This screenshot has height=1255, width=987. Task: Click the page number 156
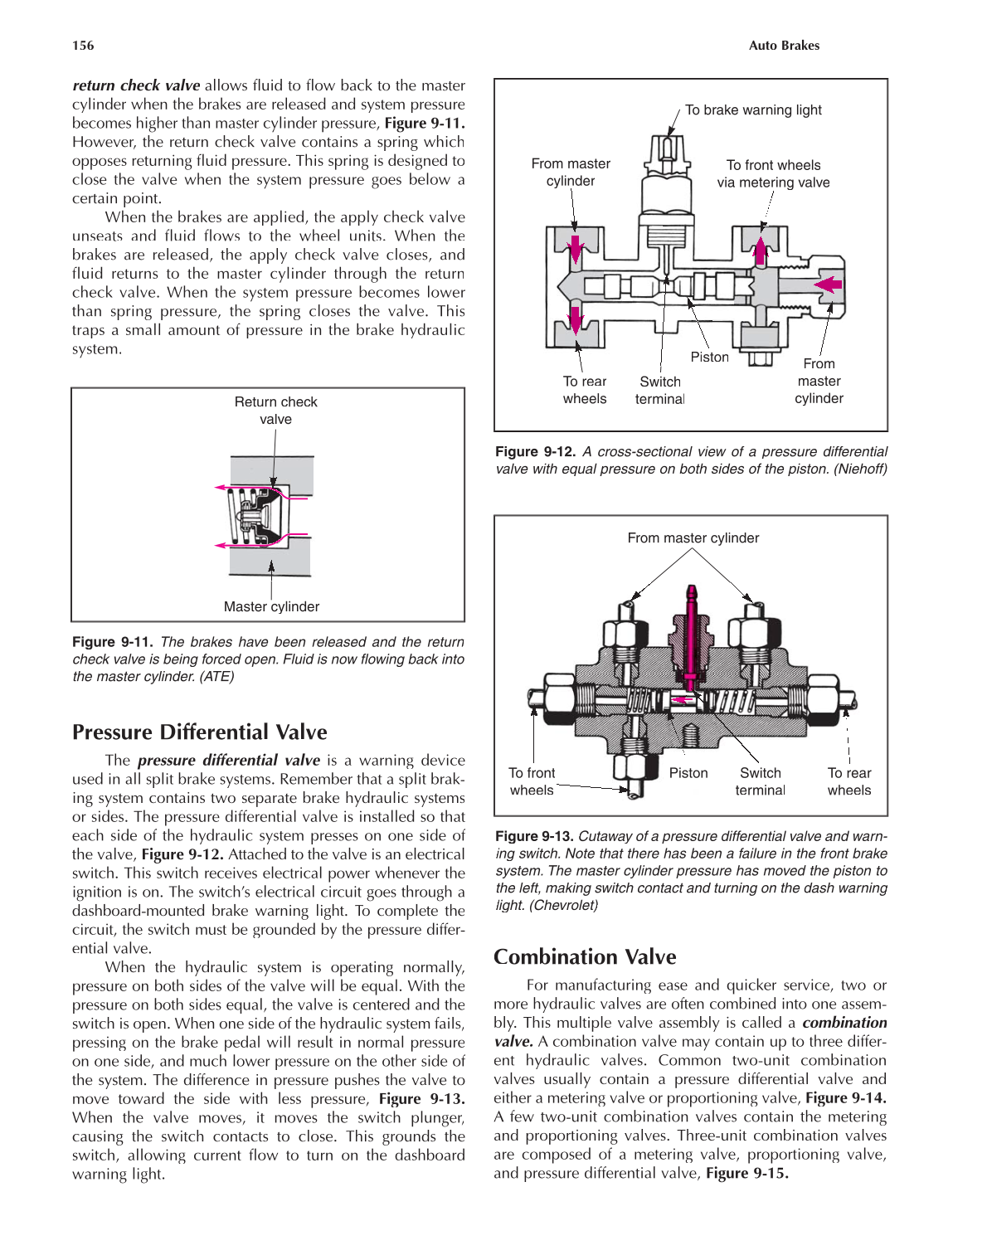click(83, 46)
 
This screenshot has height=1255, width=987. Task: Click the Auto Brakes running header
click(783, 46)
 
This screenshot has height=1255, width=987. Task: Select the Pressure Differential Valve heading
click(199, 732)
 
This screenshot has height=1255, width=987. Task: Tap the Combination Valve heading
click(585, 956)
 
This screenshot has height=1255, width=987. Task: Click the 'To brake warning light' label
click(753, 110)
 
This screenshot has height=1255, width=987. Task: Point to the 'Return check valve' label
click(275, 411)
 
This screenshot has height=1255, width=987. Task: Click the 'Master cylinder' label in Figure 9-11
click(271, 606)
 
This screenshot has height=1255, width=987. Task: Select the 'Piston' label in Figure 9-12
click(709, 357)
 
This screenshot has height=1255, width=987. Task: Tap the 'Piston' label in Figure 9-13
click(688, 773)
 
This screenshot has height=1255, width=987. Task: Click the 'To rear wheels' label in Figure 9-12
click(585, 390)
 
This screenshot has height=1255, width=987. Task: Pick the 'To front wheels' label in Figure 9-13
click(532, 781)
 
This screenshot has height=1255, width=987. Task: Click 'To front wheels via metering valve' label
click(773, 174)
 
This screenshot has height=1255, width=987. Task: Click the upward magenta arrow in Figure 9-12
click(760, 248)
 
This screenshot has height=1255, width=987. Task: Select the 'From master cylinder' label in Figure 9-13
click(693, 538)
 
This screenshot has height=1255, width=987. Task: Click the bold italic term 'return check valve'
click(136, 85)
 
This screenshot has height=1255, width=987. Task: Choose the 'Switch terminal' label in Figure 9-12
click(659, 390)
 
